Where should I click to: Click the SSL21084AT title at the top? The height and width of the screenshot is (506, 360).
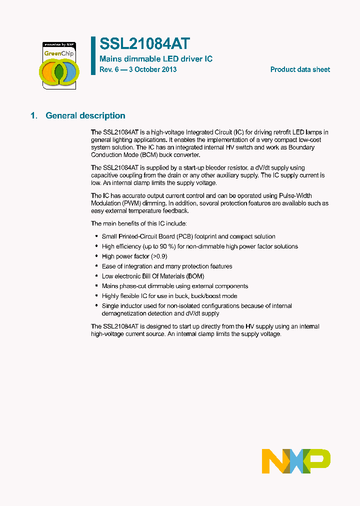pos(144,44)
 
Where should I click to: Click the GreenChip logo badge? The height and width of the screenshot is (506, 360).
pos(59,65)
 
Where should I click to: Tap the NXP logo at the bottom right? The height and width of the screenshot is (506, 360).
pos(296,461)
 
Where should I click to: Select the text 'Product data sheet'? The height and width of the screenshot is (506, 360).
pos(300,69)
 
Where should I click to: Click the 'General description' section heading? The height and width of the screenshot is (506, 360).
pos(85,115)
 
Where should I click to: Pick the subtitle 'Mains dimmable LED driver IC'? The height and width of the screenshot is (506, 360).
pos(156,59)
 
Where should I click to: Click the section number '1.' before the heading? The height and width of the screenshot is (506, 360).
pos(34,115)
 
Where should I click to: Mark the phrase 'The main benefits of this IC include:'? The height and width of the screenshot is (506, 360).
pos(138,223)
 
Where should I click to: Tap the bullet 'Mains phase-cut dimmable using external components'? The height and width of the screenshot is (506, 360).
pos(175,286)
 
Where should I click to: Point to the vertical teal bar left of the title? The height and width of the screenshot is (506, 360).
pos(93,55)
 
